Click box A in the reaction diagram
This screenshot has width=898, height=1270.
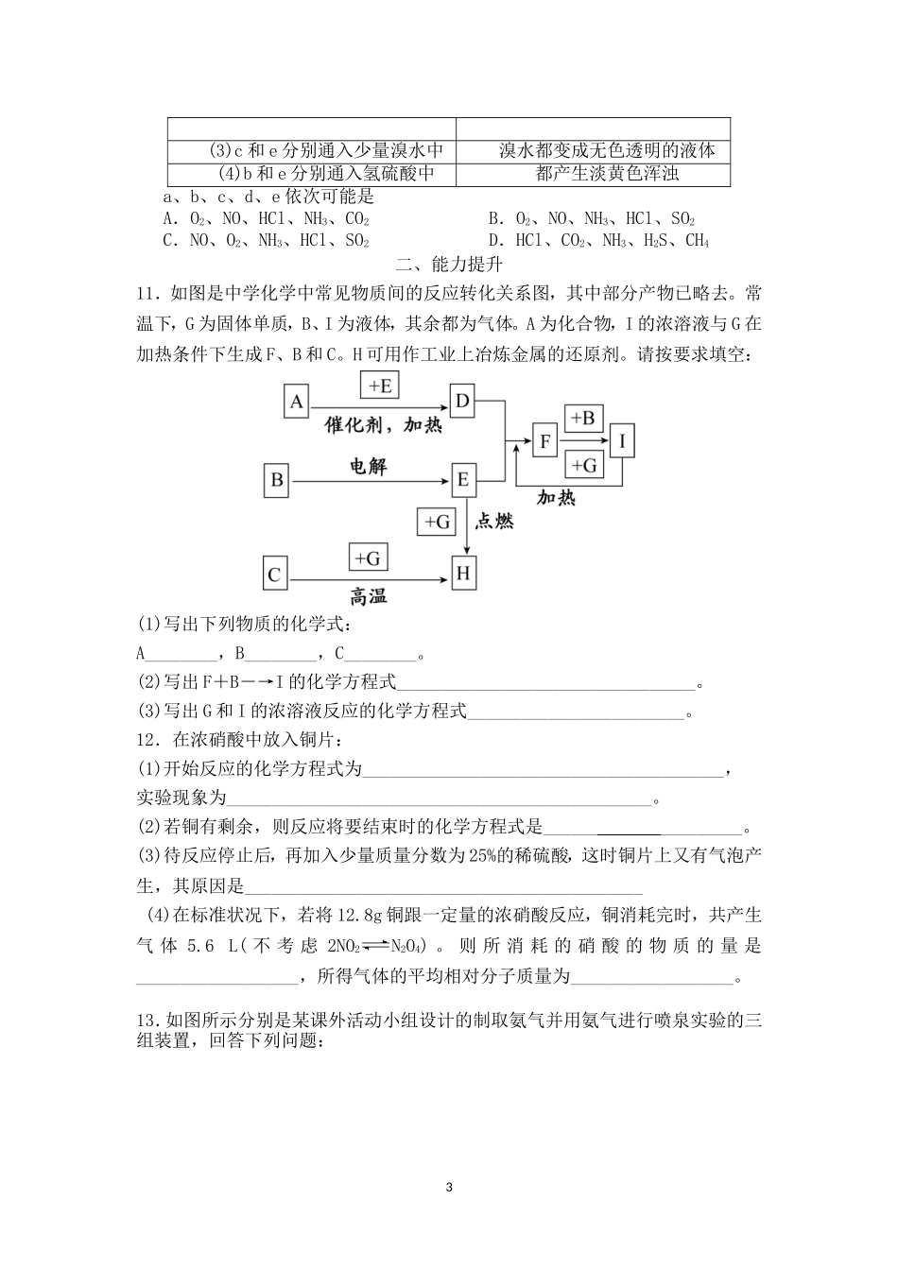(297, 403)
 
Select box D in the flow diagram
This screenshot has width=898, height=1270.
(462, 402)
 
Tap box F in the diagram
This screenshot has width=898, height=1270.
(544, 441)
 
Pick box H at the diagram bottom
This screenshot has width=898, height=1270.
(463, 574)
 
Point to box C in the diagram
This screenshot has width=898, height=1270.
(275, 575)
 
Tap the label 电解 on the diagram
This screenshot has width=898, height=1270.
(369, 466)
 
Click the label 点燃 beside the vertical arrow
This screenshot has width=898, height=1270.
(492, 521)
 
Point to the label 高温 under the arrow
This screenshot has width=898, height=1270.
(369, 597)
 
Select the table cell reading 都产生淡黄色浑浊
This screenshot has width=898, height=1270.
(594, 174)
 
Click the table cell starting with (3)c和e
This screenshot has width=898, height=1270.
(312, 151)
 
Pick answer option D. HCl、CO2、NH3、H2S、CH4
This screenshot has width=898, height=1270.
(599, 241)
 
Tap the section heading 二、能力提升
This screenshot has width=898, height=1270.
(448, 265)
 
